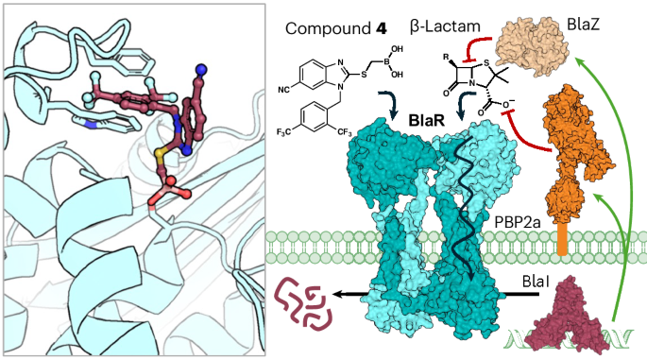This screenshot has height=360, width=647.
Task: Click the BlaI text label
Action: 539,281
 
